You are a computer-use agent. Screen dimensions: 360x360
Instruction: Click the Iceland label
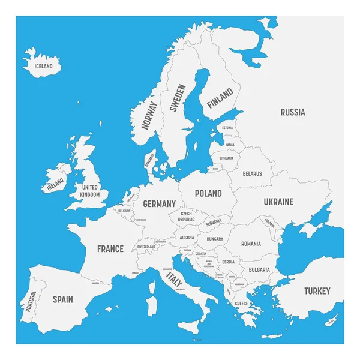click(44, 66)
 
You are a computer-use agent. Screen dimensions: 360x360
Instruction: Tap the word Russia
click(293, 112)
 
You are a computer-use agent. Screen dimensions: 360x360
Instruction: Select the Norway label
click(148, 115)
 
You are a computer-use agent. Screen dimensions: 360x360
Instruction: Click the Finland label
click(220, 98)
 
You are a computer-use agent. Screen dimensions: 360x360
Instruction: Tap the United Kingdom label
click(91, 190)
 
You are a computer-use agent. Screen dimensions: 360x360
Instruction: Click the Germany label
click(159, 204)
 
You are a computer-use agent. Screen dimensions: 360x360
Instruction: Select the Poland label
click(208, 194)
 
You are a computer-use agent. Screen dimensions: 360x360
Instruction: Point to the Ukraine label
click(278, 202)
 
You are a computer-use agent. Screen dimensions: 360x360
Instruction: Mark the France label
click(110, 248)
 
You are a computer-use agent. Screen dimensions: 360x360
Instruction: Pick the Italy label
click(174, 279)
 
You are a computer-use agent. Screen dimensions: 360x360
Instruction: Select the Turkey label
click(317, 291)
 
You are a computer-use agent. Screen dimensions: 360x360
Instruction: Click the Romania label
click(251, 244)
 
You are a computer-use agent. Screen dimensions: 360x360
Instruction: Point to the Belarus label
click(253, 173)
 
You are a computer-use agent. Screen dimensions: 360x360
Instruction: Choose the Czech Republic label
click(186, 217)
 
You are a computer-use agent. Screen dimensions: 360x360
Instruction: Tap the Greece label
click(241, 304)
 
